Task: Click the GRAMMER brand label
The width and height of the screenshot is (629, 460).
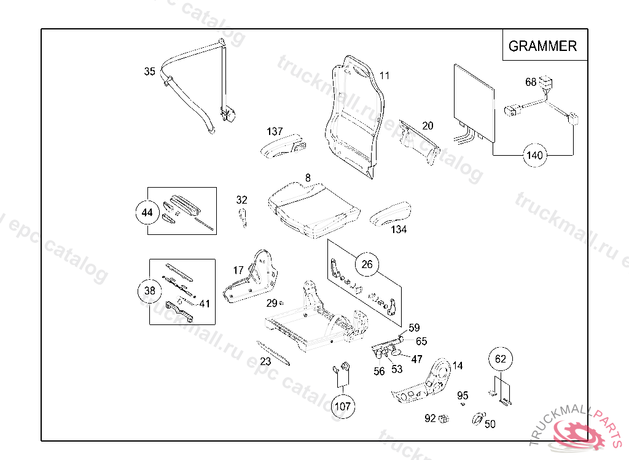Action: pyautogui.click(x=542, y=46)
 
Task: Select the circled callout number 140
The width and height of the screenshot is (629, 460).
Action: pyautogui.click(x=535, y=155)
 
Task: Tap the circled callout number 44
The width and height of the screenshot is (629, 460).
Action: pyautogui.click(x=147, y=212)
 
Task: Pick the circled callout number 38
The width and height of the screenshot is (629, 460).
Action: pyautogui.click(x=150, y=291)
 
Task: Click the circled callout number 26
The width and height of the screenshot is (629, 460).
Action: pyautogui.click(x=367, y=264)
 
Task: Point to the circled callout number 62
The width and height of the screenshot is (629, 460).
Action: pyautogui.click(x=501, y=359)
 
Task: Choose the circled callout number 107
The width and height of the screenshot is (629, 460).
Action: pyautogui.click(x=343, y=407)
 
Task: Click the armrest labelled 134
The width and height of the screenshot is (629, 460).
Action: pyautogui.click(x=390, y=213)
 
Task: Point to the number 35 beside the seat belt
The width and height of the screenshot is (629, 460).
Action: pyautogui.click(x=150, y=71)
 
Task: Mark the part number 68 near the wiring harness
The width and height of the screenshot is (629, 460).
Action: pyautogui.click(x=531, y=82)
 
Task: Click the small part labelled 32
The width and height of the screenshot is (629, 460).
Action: pyautogui.click(x=243, y=217)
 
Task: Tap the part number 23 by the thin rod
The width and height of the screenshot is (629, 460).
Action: pyautogui.click(x=265, y=361)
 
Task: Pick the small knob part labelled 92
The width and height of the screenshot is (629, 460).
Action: pyautogui.click(x=443, y=419)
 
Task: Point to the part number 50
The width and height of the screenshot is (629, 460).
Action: pyautogui.click(x=490, y=424)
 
